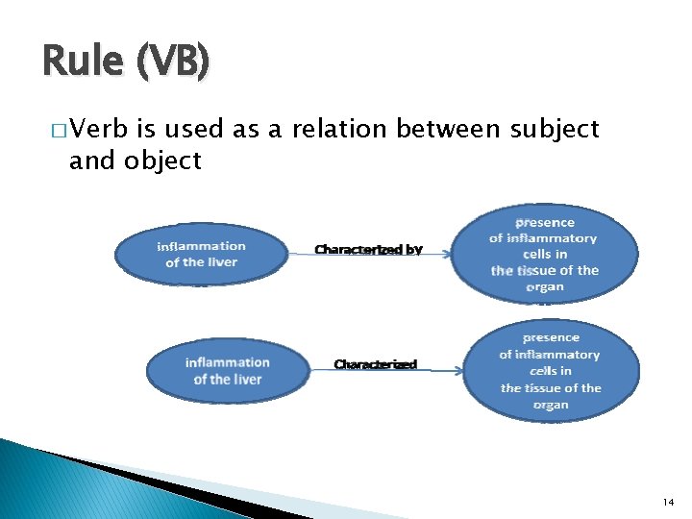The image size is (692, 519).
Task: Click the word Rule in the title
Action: [x=82, y=63]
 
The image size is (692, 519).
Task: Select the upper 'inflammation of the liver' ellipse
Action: [x=201, y=254]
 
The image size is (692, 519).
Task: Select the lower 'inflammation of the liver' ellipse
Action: [x=228, y=370]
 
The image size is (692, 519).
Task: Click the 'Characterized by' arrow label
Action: [x=368, y=250]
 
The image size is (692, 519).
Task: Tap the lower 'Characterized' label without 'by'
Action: [x=375, y=364]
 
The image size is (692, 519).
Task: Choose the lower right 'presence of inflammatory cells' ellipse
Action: [x=550, y=371]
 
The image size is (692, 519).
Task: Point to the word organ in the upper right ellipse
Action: [x=544, y=286]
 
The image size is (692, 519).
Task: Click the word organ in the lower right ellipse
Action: [x=551, y=405]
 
